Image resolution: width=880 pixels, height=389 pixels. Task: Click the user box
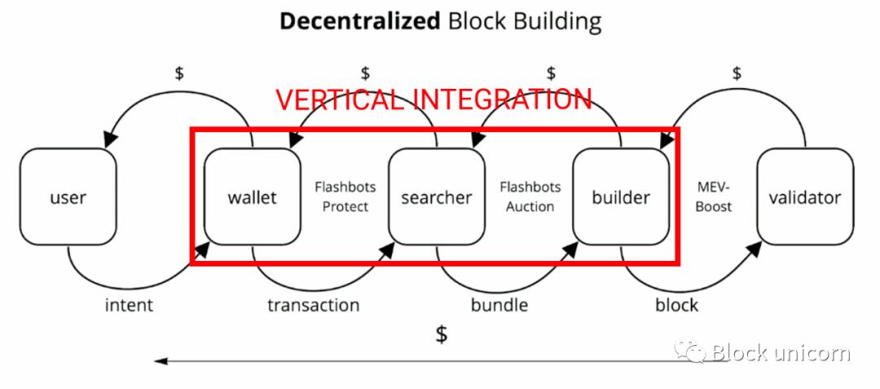[68, 197]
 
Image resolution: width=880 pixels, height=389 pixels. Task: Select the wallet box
[252, 197]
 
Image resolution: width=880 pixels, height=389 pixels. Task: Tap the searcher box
[436, 197]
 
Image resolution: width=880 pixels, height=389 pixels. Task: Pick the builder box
[621, 197]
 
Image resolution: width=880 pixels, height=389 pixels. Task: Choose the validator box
[805, 197]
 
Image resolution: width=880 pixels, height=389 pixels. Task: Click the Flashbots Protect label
[345, 197]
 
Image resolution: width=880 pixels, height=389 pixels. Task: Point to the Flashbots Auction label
[530, 197]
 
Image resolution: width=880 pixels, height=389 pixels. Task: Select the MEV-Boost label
[714, 197]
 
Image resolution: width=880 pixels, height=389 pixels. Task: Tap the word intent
[129, 305]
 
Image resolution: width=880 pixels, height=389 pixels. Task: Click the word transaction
[313, 305]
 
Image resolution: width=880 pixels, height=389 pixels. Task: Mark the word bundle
[499, 305]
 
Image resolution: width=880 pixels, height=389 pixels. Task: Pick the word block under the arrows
[676, 305]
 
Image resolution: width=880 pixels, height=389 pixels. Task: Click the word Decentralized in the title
[360, 21]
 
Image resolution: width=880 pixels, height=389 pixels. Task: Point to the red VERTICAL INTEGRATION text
[433, 99]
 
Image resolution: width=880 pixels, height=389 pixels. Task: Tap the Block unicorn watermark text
[780, 352]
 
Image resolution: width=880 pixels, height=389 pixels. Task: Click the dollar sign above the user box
[179, 73]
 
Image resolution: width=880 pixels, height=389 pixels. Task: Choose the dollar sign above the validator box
[737, 73]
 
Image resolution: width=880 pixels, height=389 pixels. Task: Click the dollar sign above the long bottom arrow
[442, 334]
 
